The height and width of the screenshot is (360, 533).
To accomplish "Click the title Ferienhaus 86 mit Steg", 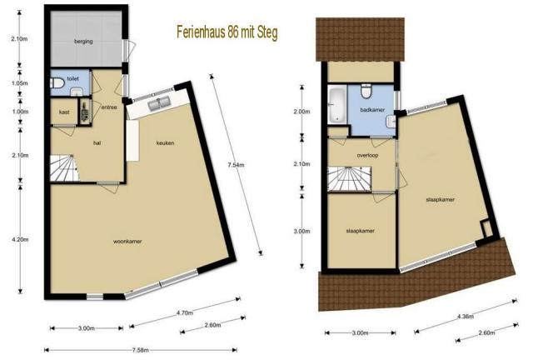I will tap(227, 32).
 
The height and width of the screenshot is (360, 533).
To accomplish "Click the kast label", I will tap(63, 111).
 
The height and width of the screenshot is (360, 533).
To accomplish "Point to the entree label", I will tap(108, 107).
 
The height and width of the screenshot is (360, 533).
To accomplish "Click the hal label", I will tap(97, 142).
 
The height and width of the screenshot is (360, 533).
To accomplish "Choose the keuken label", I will tap(165, 142).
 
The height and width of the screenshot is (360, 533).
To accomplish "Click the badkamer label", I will tap(371, 109).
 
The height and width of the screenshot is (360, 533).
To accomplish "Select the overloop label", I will tap(368, 154).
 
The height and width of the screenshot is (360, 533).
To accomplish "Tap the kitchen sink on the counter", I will tap(157, 104).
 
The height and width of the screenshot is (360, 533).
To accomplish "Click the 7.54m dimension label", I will tap(235, 165).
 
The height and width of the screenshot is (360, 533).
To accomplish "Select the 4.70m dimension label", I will tap(184, 313).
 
